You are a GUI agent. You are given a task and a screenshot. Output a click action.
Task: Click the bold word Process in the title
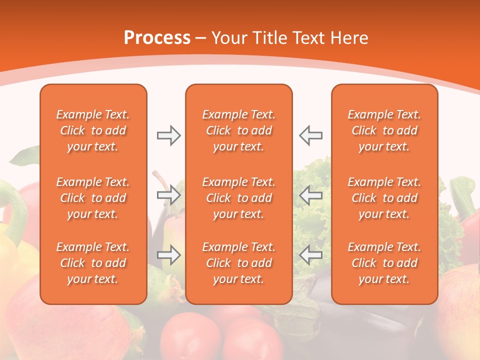tap(157, 38)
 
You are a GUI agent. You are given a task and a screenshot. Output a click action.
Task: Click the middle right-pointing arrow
tap(168, 194)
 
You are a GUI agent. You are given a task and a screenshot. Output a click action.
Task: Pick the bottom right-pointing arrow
tap(168, 255)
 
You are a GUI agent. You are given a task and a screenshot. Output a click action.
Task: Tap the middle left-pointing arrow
tap(311, 194)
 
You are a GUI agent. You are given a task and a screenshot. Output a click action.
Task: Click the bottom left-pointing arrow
tap(311, 255)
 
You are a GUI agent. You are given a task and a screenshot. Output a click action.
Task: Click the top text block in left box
tap(93, 130)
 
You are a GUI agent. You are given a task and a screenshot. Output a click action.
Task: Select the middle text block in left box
tap(93, 198)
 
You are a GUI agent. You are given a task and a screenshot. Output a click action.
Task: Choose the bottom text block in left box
tap(93, 263)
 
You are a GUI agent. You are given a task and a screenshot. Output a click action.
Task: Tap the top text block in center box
tap(239, 130)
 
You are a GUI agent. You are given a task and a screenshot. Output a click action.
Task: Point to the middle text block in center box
tap(239, 198)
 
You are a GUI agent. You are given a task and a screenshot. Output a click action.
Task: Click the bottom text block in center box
tap(239, 263)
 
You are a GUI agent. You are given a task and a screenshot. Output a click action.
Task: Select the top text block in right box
tap(384, 130)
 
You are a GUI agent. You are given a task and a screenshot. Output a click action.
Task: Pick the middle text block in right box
tap(384, 198)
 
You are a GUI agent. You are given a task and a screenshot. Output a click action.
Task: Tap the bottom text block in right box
tap(384, 263)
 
